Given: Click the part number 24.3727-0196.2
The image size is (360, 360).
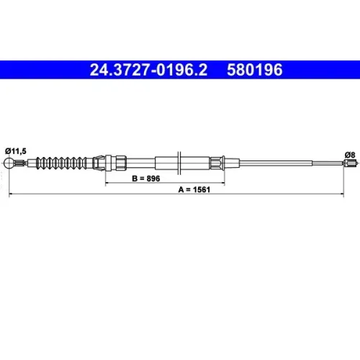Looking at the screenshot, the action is click(x=148, y=70).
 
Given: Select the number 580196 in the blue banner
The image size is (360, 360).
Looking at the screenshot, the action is click(x=255, y=70).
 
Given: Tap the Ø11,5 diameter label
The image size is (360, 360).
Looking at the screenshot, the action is click(x=16, y=151).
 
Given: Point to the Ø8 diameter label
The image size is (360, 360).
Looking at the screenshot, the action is click(x=350, y=155).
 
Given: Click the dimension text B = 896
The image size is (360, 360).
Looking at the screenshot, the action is click(x=146, y=179).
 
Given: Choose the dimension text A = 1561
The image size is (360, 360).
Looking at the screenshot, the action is click(x=194, y=189).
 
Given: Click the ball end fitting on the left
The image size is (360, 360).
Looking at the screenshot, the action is click(x=9, y=163).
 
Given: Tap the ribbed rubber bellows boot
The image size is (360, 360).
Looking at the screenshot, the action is click(x=61, y=163).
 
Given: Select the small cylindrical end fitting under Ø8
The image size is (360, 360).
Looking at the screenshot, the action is click(x=349, y=163).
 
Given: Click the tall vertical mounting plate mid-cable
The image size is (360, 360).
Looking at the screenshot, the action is click(x=179, y=163).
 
